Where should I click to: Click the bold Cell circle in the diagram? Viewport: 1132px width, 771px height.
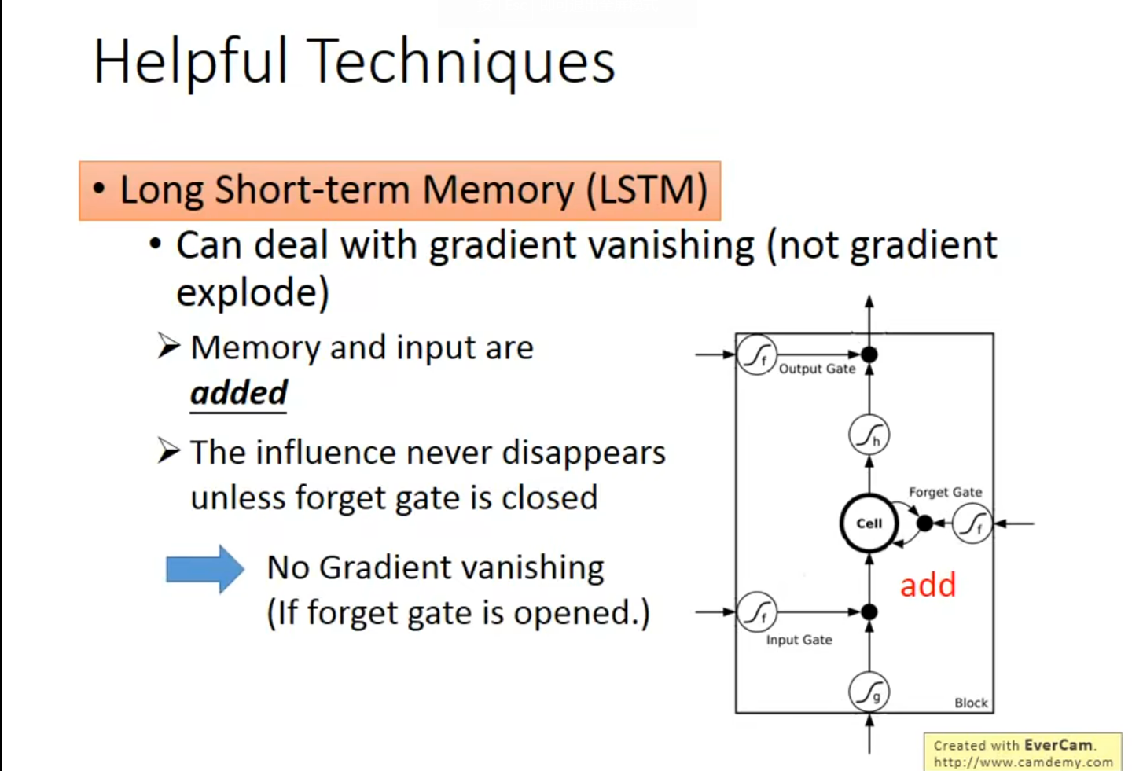pyautogui.click(x=869, y=523)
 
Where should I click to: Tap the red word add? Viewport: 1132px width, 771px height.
pyautogui.click(x=928, y=586)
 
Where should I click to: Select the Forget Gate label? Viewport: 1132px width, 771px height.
pyautogui.click(x=945, y=492)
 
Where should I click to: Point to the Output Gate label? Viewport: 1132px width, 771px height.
pyautogui.click(x=817, y=369)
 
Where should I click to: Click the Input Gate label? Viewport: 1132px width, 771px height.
pyautogui.click(x=799, y=640)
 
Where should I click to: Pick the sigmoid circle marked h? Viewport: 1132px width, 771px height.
pyautogui.click(x=869, y=435)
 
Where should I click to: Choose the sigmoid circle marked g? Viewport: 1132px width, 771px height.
pyautogui.click(x=869, y=692)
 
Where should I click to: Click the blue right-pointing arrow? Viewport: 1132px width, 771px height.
pyautogui.click(x=204, y=568)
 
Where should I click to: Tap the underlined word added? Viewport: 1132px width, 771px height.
pyautogui.click(x=239, y=392)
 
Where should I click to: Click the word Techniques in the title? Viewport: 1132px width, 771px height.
pyautogui.click(x=461, y=62)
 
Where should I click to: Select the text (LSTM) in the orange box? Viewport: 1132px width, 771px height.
pyautogui.click(x=647, y=190)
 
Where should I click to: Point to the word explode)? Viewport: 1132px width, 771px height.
pyautogui.click(x=252, y=292)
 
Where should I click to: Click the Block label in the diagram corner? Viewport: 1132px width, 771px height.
pyautogui.click(x=971, y=703)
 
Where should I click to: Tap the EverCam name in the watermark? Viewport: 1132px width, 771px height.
pyautogui.click(x=1058, y=744)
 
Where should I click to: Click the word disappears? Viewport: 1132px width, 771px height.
pyautogui.click(x=583, y=453)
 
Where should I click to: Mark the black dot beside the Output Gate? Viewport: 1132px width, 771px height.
pyautogui.click(x=869, y=354)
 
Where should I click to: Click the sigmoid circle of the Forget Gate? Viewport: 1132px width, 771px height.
pyautogui.click(x=972, y=523)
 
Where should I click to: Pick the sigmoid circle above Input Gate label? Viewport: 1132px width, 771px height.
pyautogui.click(x=757, y=612)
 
